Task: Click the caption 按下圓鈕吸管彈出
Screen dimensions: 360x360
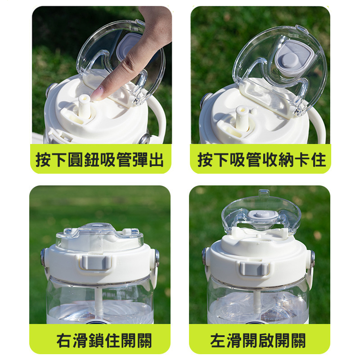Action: [x=99, y=159]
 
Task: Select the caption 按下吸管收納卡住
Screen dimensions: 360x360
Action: [x=261, y=159]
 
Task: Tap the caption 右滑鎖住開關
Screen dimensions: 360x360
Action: [x=104, y=341]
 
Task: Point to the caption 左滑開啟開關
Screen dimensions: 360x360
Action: [x=258, y=341]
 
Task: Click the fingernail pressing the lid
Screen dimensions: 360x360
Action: [x=97, y=94]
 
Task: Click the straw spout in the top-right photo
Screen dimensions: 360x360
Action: [x=242, y=118]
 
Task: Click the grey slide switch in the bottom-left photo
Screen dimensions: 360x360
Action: [x=95, y=262]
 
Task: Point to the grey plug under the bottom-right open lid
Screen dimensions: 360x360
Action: [x=263, y=215]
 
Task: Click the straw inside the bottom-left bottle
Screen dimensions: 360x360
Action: [x=98, y=303]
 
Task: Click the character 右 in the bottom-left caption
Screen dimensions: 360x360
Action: [x=64, y=341]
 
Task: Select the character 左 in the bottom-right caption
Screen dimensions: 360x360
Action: [x=218, y=341]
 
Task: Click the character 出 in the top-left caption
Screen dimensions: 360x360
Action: [x=156, y=159]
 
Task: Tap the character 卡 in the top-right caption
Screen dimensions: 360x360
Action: [x=302, y=159]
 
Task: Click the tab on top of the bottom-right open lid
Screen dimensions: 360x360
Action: [x=264, y=193]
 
